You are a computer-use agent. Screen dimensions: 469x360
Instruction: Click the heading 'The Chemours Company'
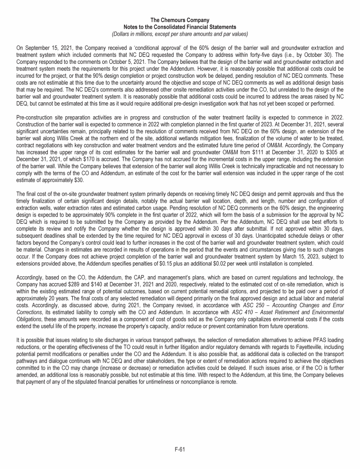(x=180, y=20)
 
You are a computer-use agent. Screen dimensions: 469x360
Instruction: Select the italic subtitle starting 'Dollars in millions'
(x=180, y=33)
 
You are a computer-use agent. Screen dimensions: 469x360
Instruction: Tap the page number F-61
(x=180, y=449)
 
